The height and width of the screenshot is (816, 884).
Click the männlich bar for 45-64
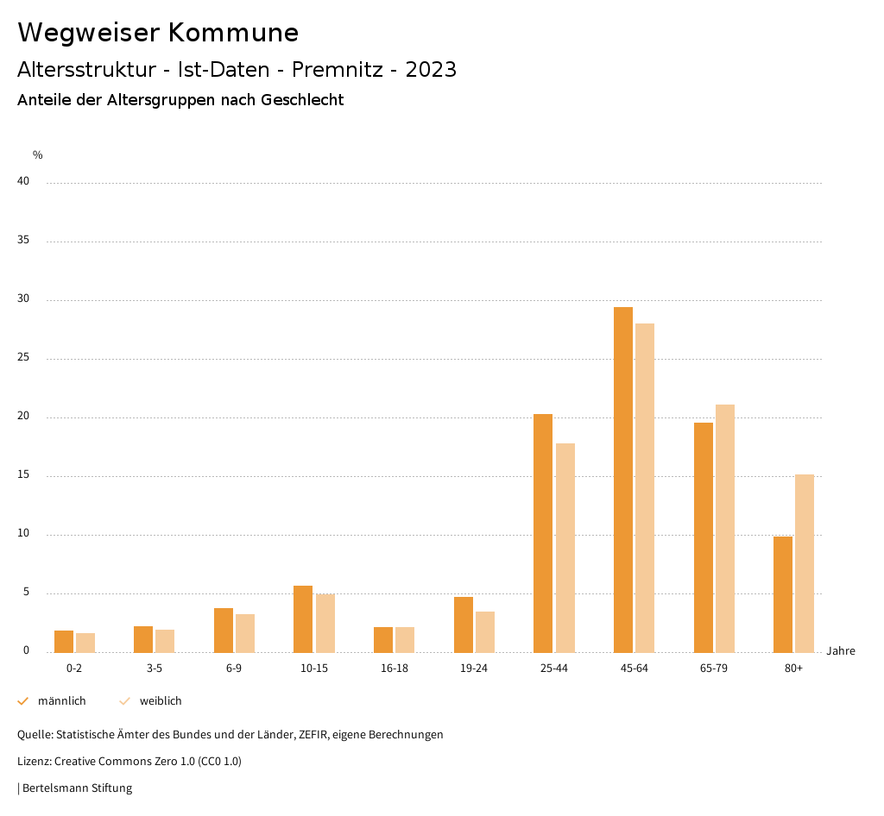(x=623, y=480)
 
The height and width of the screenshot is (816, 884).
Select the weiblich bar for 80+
(x=805, y=563)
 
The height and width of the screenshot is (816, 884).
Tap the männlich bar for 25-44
(x=543, y=533)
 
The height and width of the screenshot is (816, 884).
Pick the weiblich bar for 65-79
(x=725, y=528)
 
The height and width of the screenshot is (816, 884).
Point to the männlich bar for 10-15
(x=303, y=619)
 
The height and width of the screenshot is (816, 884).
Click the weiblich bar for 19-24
(x=485, y=631)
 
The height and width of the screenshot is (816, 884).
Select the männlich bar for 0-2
(x=64, y=642)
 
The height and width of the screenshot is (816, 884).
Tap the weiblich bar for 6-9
(x=245, y=633)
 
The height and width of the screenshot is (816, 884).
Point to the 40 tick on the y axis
(x=23, y=182)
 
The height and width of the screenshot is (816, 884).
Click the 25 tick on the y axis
(x=23, y=358)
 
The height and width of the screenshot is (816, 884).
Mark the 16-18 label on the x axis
(x=395, y=668)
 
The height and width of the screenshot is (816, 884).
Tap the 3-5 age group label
(x=155, y=668)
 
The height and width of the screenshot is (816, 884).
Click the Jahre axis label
(x=841, y=651)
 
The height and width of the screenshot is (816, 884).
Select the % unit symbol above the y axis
(x=38, y=155)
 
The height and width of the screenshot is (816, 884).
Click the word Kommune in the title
(x=233, y=33)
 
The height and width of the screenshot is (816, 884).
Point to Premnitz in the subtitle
(x=338, y=70)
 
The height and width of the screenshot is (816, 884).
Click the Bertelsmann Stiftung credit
(x=77, y=788)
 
